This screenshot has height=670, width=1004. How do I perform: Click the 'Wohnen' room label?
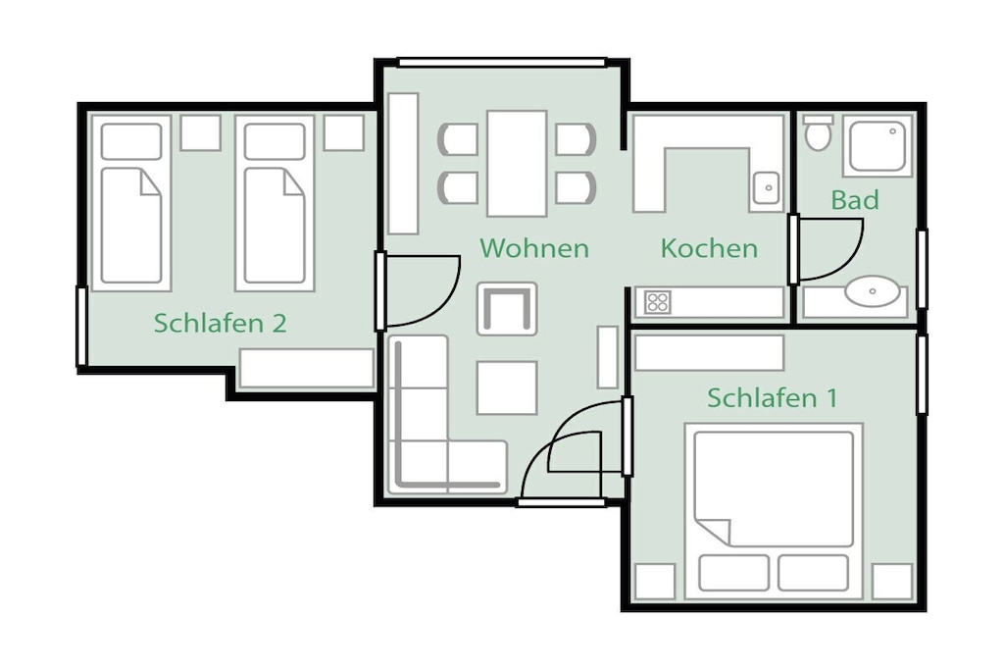534,248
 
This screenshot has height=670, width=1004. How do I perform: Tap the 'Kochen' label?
709,248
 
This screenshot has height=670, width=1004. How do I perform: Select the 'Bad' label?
855,200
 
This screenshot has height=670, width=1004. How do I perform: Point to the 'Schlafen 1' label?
773,397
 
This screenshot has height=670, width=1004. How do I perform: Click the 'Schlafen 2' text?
220,323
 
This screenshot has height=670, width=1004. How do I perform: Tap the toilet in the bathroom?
818,133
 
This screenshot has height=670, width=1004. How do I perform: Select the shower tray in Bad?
878,145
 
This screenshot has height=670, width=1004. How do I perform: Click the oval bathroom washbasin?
872,291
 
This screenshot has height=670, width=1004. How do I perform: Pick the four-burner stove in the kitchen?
658,302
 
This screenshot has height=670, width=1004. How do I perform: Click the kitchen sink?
767,188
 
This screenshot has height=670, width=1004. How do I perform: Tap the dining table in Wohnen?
517,164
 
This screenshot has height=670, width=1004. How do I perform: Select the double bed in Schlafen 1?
774,512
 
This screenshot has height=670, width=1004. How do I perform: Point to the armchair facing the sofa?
507,309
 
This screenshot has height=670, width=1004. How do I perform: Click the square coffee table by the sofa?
507,387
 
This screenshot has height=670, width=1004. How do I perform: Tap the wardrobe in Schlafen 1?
710,353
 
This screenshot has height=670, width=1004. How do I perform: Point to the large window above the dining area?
502,62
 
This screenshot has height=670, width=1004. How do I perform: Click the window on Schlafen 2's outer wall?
81,327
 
